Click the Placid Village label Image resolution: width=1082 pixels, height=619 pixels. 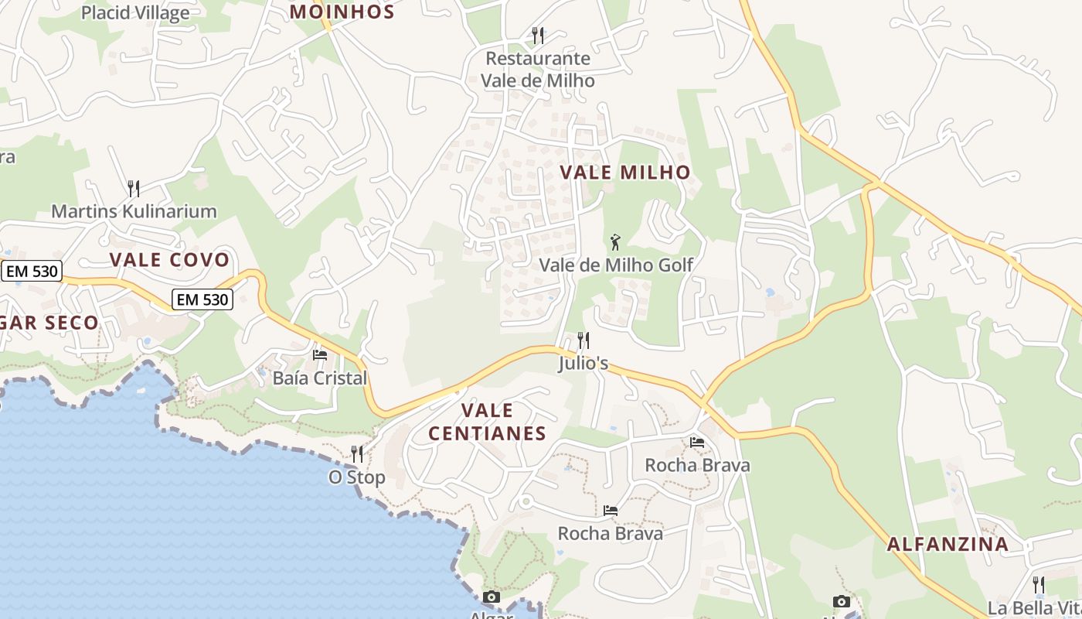[x=135, y=13]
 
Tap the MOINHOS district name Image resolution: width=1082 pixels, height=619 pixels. [x=342, y=12]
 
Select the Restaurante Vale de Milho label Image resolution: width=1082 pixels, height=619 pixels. [x=538, y=70]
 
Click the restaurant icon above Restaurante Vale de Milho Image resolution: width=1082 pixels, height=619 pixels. [x=538, y=35]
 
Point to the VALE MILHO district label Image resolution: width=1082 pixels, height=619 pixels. [x=624, y=173]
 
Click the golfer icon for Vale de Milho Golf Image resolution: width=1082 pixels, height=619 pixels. [x=615, y=242]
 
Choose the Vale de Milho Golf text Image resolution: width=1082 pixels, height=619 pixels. [x=616, y=265]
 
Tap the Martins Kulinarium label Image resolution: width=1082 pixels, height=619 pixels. [x=134, y=211]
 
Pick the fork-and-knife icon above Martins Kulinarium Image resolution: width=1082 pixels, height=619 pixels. [x=134, y=188]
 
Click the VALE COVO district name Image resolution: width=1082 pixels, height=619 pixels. [x=170, y=260]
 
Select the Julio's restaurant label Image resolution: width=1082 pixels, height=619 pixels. [x=584, y=364]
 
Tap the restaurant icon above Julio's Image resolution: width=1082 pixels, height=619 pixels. [x=584, y=340]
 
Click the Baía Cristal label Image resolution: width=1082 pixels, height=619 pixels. [x=320, y=378]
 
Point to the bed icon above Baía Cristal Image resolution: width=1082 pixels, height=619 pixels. [x=320, y=355]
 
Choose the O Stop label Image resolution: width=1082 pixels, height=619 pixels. [x=357, y=477]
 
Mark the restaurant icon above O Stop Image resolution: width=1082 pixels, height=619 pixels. [x=357, y=453]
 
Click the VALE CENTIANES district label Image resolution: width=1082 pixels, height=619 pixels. [x=487, y=422]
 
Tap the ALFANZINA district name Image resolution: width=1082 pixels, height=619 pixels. [x=948, y=544]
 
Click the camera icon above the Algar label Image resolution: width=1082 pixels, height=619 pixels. [x=491, y=597]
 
